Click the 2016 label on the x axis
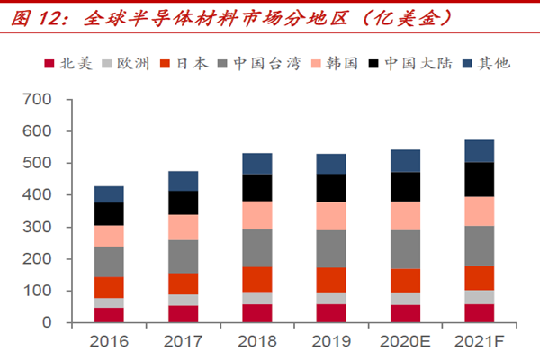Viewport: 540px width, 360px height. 109,343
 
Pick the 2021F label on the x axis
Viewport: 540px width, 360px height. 480,343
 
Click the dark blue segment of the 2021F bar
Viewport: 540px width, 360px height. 480,150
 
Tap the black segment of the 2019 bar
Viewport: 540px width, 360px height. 331,187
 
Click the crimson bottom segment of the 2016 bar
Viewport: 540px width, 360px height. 109,314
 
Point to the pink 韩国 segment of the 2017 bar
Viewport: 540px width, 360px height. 184,227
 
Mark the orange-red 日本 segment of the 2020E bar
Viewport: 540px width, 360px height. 406,280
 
